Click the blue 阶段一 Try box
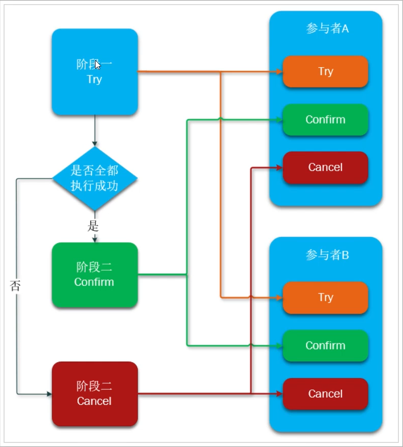(x=95, y=72)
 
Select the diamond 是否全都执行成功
(x=95, y=178)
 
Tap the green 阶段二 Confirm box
(x=95, y=275)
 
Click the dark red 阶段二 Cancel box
(x=95, y=394)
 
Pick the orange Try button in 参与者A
(x=325, y=72)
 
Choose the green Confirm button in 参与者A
(x=325, y=120)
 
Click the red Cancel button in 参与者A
(x=325, y=167)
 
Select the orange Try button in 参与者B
(x=325, y=297)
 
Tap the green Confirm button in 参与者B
(x=325, y=345)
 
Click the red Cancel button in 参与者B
(x=325, y=394)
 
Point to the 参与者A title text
(x=327, y=28)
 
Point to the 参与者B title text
(x=327, y=255)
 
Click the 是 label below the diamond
(x=93, y=226)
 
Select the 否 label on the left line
(x=15, y=285)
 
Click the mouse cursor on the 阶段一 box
(x=98, y=65)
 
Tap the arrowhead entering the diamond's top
(x=95, y=143)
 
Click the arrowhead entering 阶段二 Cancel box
(x=49, y=394)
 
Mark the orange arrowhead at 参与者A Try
(x=280, y=72)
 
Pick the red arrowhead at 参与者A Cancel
(x=280, y=168)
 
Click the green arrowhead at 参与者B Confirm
(x=280, y=346)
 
